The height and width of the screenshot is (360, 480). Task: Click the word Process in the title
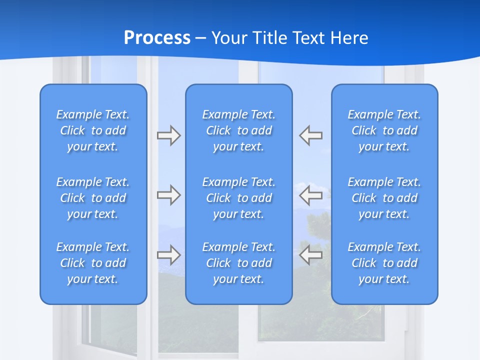pos(157,38)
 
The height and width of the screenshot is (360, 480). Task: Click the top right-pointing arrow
pos(168,135)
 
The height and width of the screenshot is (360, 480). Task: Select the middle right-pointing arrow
pos(168,195)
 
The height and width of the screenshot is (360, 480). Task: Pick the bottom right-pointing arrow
pos(168,255)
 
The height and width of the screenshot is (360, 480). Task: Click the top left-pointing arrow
pos(311,135)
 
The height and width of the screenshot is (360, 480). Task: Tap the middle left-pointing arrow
pos(311,195)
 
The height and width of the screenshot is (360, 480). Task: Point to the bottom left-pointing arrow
pos(311,255)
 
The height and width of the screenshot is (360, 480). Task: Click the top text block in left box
pos(93,130)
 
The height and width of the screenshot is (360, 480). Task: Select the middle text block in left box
pos(93,198)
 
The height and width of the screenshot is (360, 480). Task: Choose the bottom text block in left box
pos(93,263)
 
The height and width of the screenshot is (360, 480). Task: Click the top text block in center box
pos(239,130)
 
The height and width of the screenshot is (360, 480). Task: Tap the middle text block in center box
pos(239,198)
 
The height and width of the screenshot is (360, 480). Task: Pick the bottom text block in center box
pos(239,263)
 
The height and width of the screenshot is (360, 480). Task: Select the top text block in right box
pos(384,130)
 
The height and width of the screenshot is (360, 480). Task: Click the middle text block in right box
pos(384,198)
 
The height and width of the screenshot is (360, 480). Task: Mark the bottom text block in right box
pos(384,263)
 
